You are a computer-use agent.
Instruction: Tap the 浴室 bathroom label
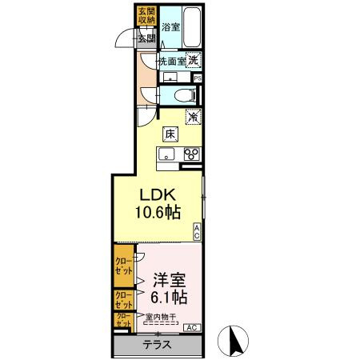(x=170, y=27)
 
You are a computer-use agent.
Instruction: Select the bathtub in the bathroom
(x=193, y=26)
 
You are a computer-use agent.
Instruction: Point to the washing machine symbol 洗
(x=194, y=59)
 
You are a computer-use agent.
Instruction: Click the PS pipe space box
(x=197, y=78)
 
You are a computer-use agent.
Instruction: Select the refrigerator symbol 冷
(x=193, y=117)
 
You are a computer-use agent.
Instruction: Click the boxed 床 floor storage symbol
(x=170, y=134)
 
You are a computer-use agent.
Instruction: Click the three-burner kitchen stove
(x=191, y=154)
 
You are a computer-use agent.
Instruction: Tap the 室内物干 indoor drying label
(x=162, y=318)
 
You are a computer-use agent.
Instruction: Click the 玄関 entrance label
(x=146, y=38)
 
